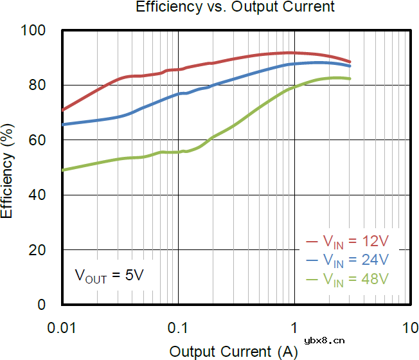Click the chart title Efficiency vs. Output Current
pos(235,8)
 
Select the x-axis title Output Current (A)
pos(234,351)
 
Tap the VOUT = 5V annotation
pos(109,276)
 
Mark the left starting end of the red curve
pos(62,110)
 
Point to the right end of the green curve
pos(350,78)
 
